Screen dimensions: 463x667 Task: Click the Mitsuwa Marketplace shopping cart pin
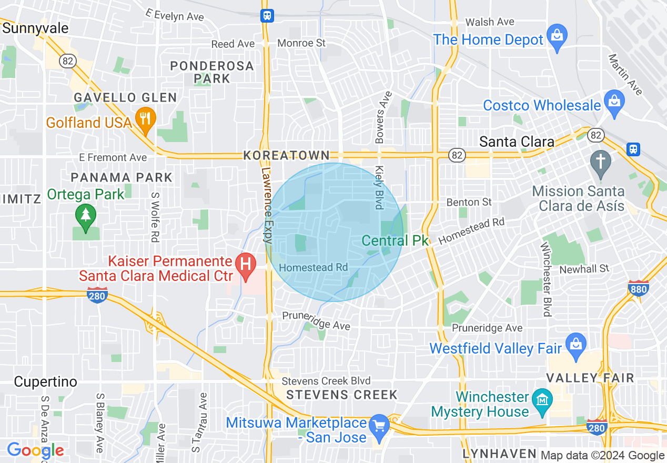[379, 424]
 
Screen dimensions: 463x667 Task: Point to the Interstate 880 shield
[638, 288]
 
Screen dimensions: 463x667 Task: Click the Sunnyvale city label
[35, 28]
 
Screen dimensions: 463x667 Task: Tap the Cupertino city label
[46, 381]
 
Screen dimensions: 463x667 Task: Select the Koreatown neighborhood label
[287, 156]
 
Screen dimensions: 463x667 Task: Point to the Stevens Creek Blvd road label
[326, 381]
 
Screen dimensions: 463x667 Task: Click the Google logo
[35, 450]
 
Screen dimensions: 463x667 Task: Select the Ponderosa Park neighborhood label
[212, 72]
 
